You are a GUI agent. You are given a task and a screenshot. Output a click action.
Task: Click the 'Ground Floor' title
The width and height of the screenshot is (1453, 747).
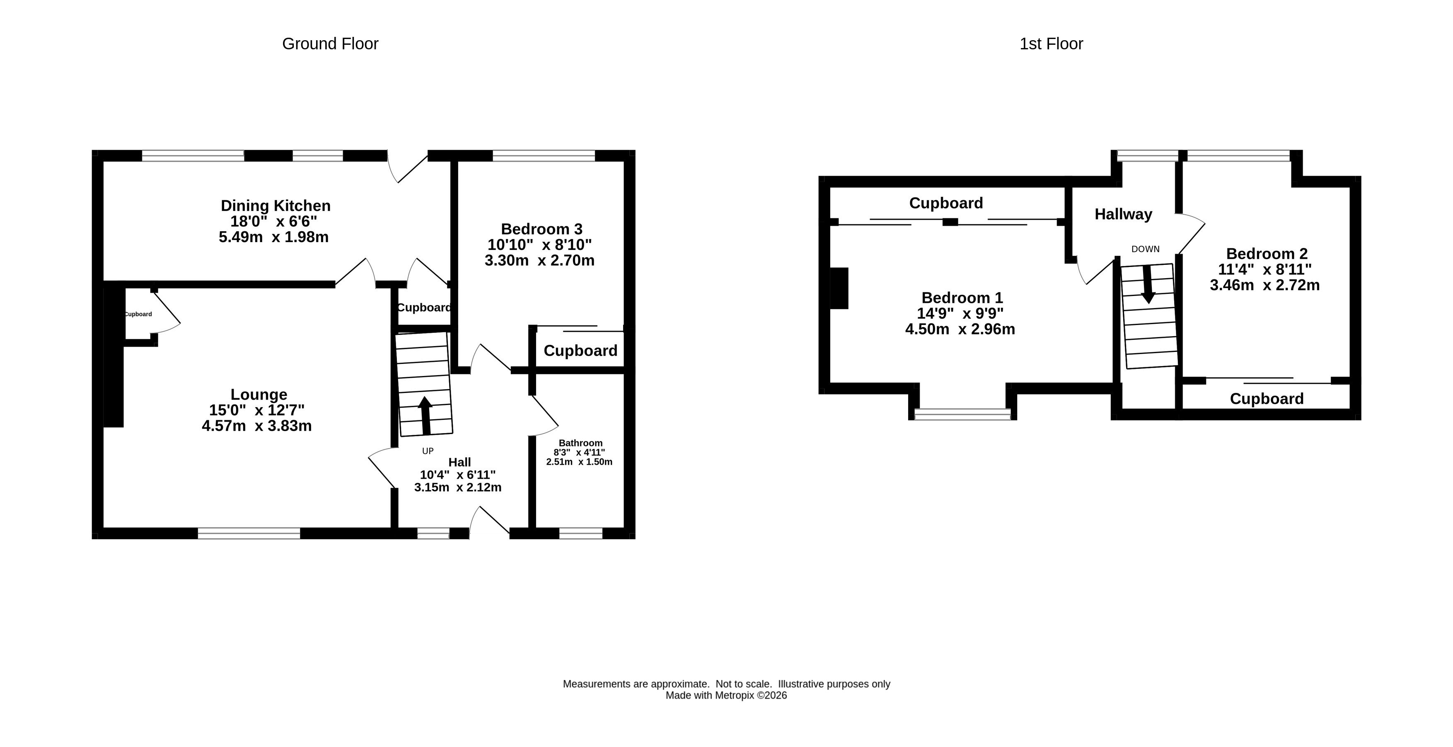click(330, 44)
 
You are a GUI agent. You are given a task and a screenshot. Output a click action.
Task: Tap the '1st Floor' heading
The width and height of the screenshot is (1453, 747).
click(1051, 44)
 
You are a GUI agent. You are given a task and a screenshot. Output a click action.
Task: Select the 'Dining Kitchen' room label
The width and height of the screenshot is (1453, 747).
click(275, 205)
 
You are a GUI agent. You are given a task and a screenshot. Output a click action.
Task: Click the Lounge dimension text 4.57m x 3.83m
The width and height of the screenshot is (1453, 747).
click(256, 426)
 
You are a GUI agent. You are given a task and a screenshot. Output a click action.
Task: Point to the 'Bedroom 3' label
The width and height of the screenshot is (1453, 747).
click(542, 229)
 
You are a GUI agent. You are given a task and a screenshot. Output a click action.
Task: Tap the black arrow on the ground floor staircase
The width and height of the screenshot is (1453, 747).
click(426, 416)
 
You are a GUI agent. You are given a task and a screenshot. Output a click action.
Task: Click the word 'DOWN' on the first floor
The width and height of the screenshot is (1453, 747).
click(1146, 249)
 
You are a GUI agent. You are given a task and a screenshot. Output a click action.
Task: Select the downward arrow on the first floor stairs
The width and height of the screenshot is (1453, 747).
click(1147, 285)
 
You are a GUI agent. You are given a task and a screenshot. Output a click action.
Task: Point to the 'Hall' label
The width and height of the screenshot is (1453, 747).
click(460, 462)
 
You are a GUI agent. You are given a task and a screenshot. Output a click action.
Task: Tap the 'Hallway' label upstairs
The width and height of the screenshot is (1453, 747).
click(1123, 214)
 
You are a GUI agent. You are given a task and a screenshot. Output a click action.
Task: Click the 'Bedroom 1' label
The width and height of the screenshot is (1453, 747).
click(962, 298)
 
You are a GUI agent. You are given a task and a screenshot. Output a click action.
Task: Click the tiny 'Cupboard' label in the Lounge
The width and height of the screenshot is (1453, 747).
click(138, 314)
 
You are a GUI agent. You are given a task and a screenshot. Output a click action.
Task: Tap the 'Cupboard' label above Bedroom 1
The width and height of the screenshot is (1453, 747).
click(946, 203)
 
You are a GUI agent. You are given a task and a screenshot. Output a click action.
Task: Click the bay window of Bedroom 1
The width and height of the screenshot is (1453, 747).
click(962, 415)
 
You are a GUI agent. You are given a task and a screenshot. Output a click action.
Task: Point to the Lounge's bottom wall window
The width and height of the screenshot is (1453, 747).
click(249, 533)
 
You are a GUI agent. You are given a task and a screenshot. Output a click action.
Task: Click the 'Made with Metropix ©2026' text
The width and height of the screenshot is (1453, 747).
click(726, 696)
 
